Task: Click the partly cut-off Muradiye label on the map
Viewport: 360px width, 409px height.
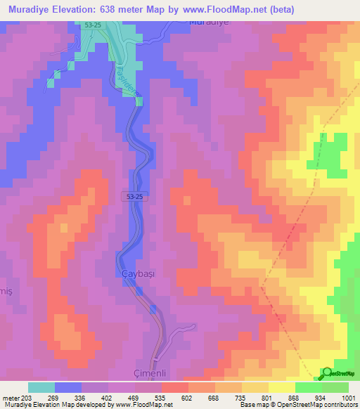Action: click(210, 22)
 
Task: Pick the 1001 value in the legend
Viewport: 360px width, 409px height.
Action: click(347, 397)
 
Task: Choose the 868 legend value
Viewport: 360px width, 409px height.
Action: click(293, 397)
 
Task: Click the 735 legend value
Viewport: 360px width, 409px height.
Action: click(240, 397)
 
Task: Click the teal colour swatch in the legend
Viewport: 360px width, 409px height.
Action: click(41, 387)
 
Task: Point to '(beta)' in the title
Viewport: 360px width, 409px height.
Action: click(280, 10)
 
